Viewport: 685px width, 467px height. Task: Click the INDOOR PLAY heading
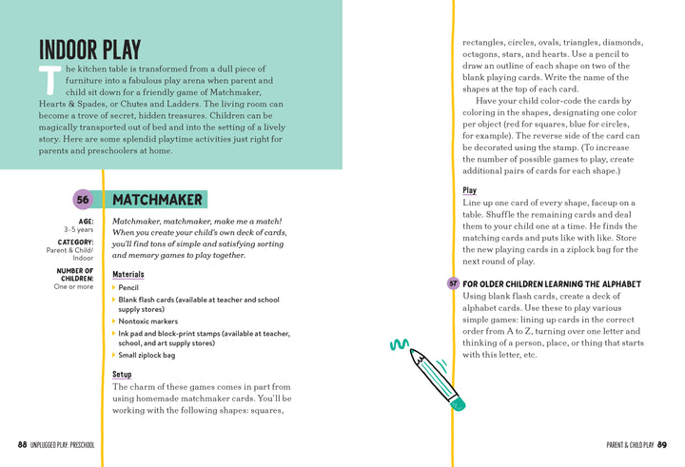coord(89,49)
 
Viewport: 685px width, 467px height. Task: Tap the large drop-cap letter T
coord(49,82)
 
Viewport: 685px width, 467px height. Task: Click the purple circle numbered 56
coord(83,200)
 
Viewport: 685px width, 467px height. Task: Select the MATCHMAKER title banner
coord(158,200)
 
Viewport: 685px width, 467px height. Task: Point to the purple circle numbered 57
coord(453,284)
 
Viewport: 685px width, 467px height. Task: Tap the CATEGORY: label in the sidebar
coord(75,242)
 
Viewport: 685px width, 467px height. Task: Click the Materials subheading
coord(128,274)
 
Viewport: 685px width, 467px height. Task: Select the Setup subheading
coord(122,374)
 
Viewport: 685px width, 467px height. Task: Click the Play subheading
coord(470,190)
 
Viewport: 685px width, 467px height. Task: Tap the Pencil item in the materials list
coord(128,287)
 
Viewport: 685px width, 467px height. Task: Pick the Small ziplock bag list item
coord(147,356)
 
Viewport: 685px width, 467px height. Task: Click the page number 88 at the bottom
coord(22,445)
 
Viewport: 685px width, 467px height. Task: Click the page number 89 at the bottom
coord(662,445)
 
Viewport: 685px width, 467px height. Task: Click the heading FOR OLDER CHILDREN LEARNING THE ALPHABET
coord(552,284)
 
